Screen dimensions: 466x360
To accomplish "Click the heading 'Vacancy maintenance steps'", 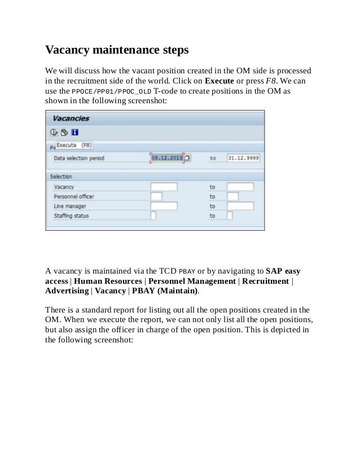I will [116, 50].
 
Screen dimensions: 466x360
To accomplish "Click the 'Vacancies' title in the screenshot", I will [71, 119].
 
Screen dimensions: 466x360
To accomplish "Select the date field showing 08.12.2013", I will [167, 159].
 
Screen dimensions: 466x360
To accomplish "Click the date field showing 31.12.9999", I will [243, 159].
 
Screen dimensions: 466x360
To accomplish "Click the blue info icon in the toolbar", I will [74, 133].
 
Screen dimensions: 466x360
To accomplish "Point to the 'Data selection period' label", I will [79, 159].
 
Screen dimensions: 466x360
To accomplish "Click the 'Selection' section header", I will [61, 177].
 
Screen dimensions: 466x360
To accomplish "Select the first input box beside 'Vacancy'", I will [164, 187].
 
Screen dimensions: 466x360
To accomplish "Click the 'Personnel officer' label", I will [74, 196].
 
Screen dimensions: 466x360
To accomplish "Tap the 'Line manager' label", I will [69, 206].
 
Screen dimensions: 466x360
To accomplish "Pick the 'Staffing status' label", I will [71, 216].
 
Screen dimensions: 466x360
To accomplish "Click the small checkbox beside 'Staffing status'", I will [153, 216].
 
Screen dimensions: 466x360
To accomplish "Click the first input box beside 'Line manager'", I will [164, 206].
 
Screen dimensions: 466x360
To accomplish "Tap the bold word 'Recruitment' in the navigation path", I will [265, 282].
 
